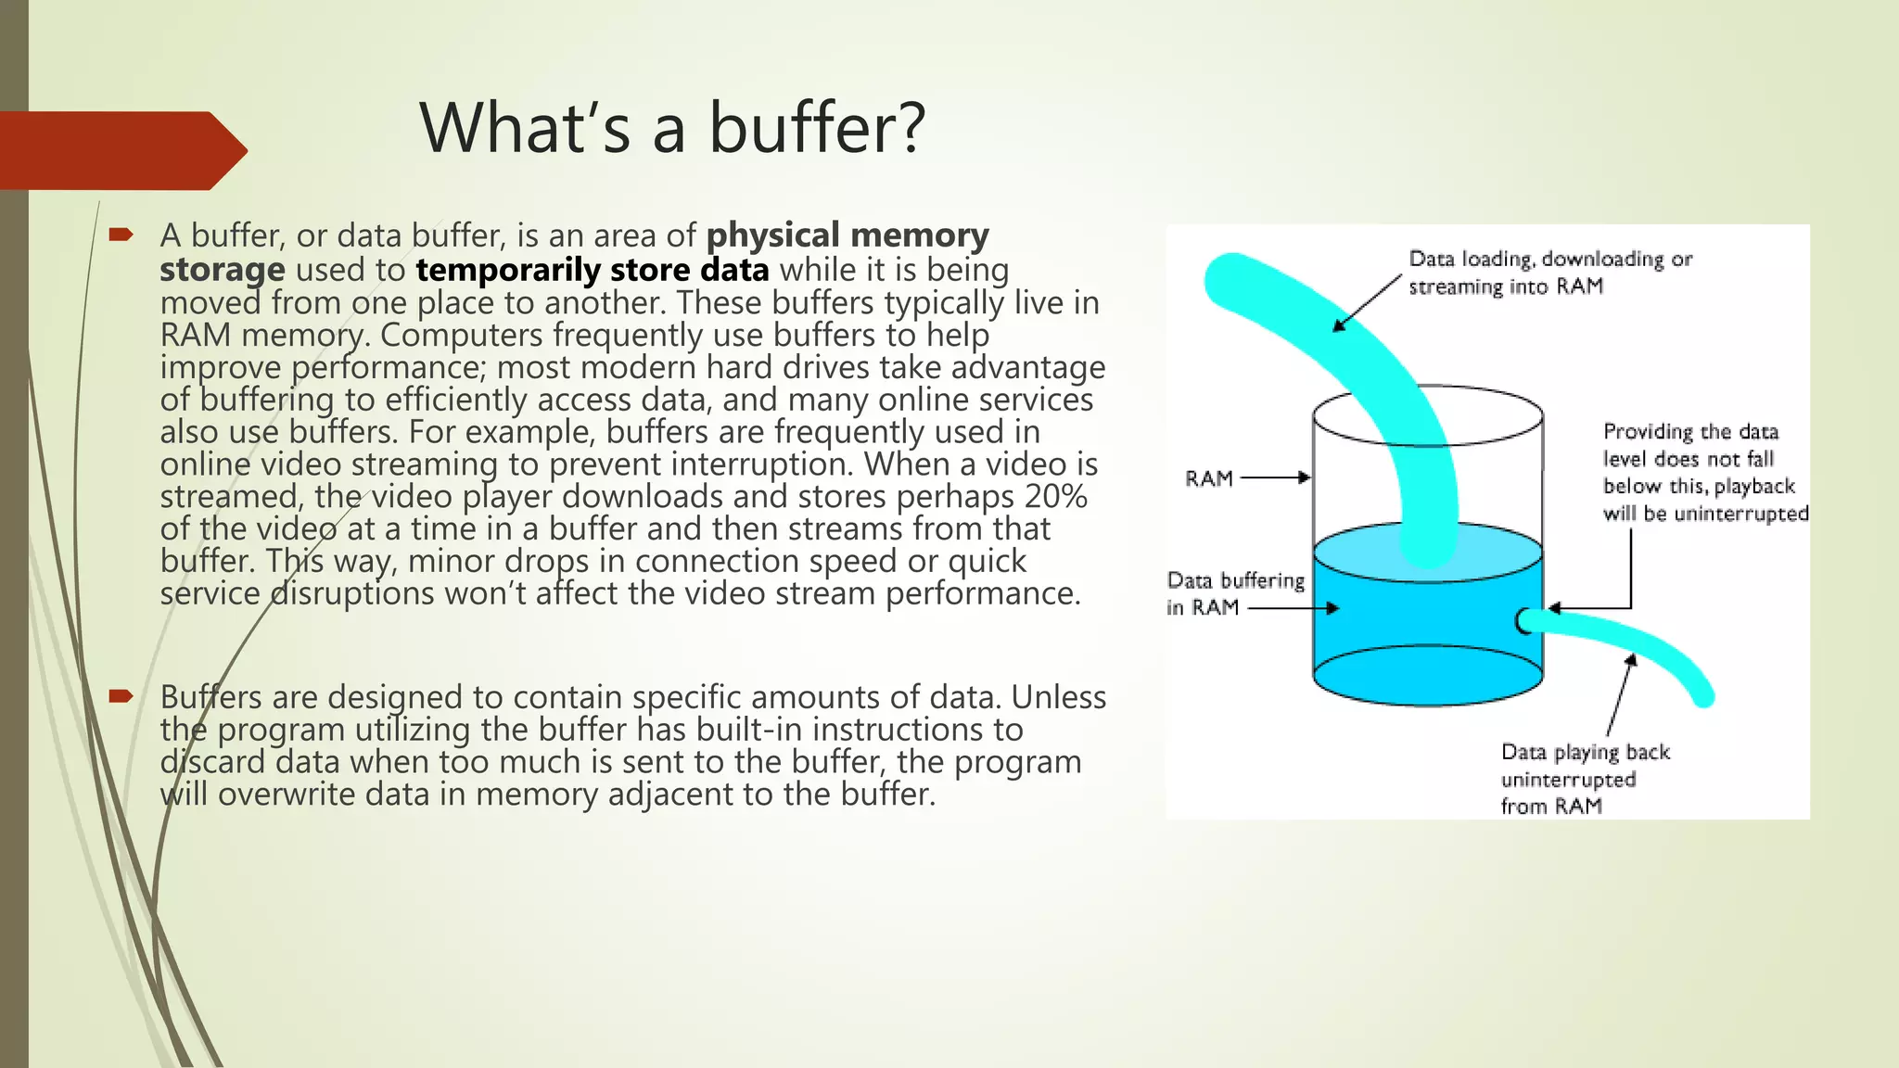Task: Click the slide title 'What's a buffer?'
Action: (672, 128)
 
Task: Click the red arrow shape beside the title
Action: (121, 150)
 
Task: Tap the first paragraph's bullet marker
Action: (121, 235)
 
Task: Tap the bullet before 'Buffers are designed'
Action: (121, 696)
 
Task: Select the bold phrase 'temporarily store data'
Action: (593, 270)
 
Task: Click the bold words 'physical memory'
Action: (848, 235)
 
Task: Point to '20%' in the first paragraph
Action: (1055, 497)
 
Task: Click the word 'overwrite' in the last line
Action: (287, 795)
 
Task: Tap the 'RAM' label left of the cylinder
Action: (1209, 478)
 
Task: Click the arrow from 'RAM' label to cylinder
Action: (1276, 478)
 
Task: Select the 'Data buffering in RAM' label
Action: (1234, 593)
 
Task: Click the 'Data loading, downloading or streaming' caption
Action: (1549, 273)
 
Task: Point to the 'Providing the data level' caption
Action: (1703, 472)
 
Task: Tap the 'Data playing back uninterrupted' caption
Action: (1584, 779)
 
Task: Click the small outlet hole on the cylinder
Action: (1524, 621)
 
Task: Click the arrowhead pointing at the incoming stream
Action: (1339, 325)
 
